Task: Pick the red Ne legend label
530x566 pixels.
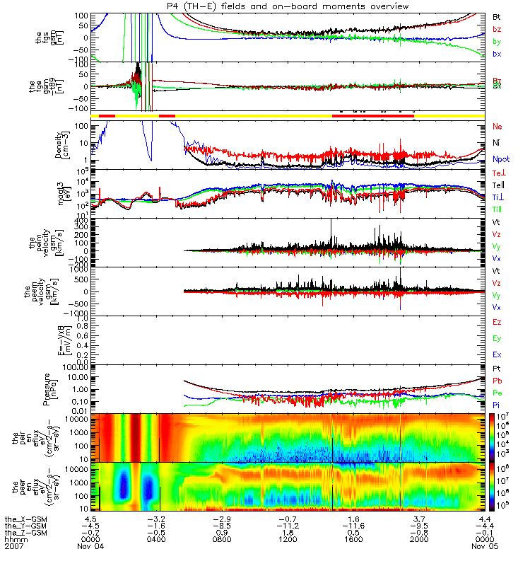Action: click(x=497, y=126)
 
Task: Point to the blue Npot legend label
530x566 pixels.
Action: click(x=501, y=159)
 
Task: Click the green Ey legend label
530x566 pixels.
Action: click(x=497, y=338)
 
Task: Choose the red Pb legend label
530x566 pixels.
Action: click(x=497, y=381)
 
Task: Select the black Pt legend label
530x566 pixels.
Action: click(x=497, y=369)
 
